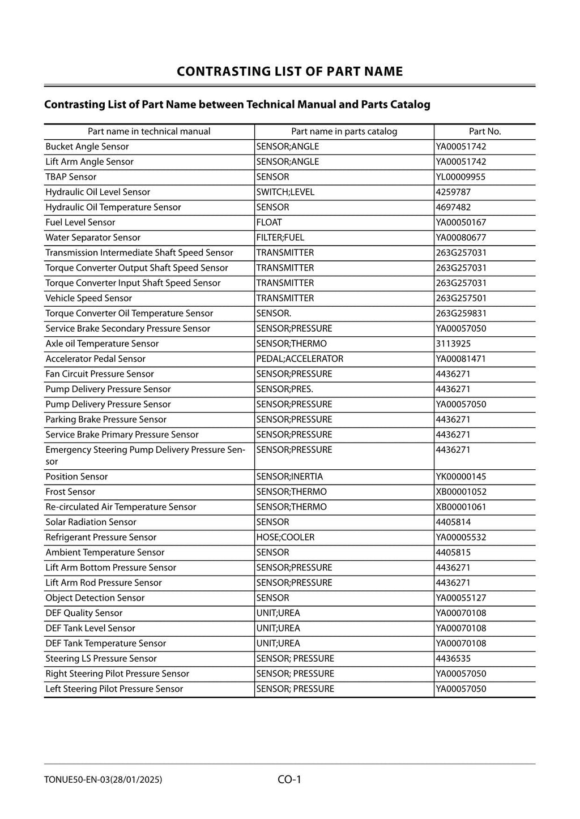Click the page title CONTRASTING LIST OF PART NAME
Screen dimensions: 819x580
point(289,71)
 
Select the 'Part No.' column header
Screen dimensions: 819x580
point(485,131)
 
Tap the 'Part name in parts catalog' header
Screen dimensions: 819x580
point(344,131)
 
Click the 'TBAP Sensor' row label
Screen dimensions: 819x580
point(71,177)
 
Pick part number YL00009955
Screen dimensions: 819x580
point(460,177)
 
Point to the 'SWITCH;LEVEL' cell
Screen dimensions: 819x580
point(285,192)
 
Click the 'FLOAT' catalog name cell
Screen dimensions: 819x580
point(269,222)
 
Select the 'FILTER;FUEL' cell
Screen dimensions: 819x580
point(280,238)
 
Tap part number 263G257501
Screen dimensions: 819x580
point(461,298)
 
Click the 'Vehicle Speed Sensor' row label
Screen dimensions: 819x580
point(88,298)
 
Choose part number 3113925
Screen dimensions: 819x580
point(453,344)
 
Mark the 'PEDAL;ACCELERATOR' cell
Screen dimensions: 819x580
point(300,359)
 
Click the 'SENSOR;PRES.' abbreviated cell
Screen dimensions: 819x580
point(285,389)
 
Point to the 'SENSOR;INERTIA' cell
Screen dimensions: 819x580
point(289,477)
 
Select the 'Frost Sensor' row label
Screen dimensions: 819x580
point(70,492)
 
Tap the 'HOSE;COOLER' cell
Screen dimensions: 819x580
point(285,537)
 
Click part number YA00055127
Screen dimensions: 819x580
point(461,598)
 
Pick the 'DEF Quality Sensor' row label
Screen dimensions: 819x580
point(84,613)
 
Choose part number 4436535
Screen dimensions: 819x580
point(453,658)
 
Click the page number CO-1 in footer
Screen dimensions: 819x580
point(289,779)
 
